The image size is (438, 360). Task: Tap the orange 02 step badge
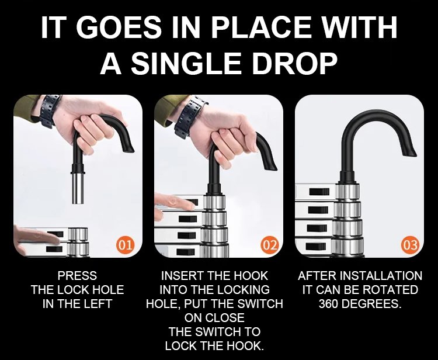270,245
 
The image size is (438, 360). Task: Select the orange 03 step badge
411,245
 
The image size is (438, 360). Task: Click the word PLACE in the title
262,27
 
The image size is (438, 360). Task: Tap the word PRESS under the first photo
77,276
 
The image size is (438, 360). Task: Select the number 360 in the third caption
328,303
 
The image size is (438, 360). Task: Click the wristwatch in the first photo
50,110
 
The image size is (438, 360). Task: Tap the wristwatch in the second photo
190,117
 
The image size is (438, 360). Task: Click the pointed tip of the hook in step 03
415,154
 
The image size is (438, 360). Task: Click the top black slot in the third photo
319,192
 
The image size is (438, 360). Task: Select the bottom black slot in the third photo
315,246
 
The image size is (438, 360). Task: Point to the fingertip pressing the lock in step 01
57,240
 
